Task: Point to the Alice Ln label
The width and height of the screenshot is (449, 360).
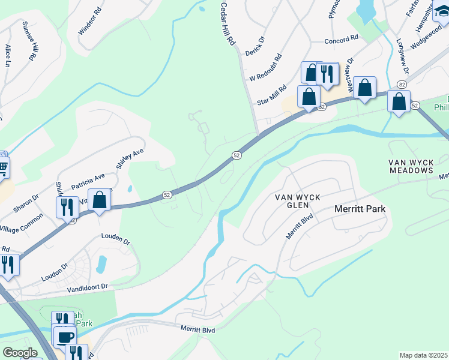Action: [x=8, y=55]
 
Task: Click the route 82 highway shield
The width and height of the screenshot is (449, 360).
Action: [x=402, y=86]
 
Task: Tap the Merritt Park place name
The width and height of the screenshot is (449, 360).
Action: [x=359, y=209]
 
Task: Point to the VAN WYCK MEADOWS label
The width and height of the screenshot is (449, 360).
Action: [x=411, y=166]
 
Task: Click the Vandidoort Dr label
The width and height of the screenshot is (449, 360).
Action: [x=86, y=288]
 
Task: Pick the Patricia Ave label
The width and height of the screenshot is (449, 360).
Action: [x=88, y=181]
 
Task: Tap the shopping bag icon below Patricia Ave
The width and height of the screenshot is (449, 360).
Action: [x=100, y=200]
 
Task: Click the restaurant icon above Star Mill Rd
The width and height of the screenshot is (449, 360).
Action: [x=327, y=74]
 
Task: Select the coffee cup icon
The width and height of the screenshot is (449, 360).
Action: [x=65, y=337]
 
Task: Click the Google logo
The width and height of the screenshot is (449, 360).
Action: [x=20, y=353]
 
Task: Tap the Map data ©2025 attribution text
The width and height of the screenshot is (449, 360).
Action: [x=423, y=355]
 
